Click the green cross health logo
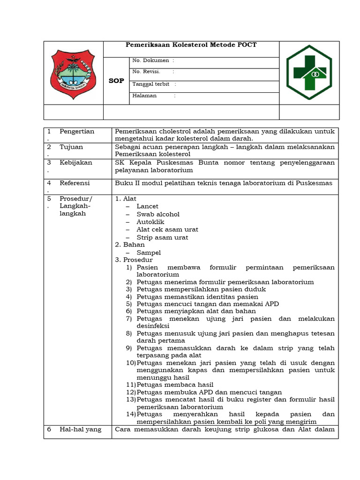point(309,72)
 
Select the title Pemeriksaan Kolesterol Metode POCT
point(191,45)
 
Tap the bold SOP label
point(116,81)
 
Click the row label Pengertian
point(77,131)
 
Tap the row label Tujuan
point(71,147)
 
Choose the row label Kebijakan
point(76,163)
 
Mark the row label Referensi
point(75,183)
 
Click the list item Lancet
point(147,206)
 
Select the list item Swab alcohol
point(158,214)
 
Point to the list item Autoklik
point(149,222)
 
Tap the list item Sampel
point(149,253)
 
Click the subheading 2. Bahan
point(130,245)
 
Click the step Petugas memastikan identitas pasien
point(197,297)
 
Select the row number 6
point(49,429)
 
